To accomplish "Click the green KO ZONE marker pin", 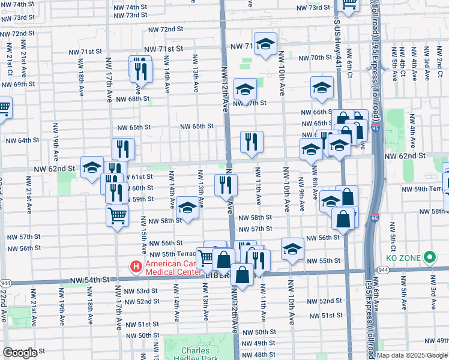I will point(429,259).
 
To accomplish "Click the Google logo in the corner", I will point(20,353).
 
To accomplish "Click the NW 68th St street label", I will point(133,99).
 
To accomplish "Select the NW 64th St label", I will point(22,140).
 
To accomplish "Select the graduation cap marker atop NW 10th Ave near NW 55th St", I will point(292,248).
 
